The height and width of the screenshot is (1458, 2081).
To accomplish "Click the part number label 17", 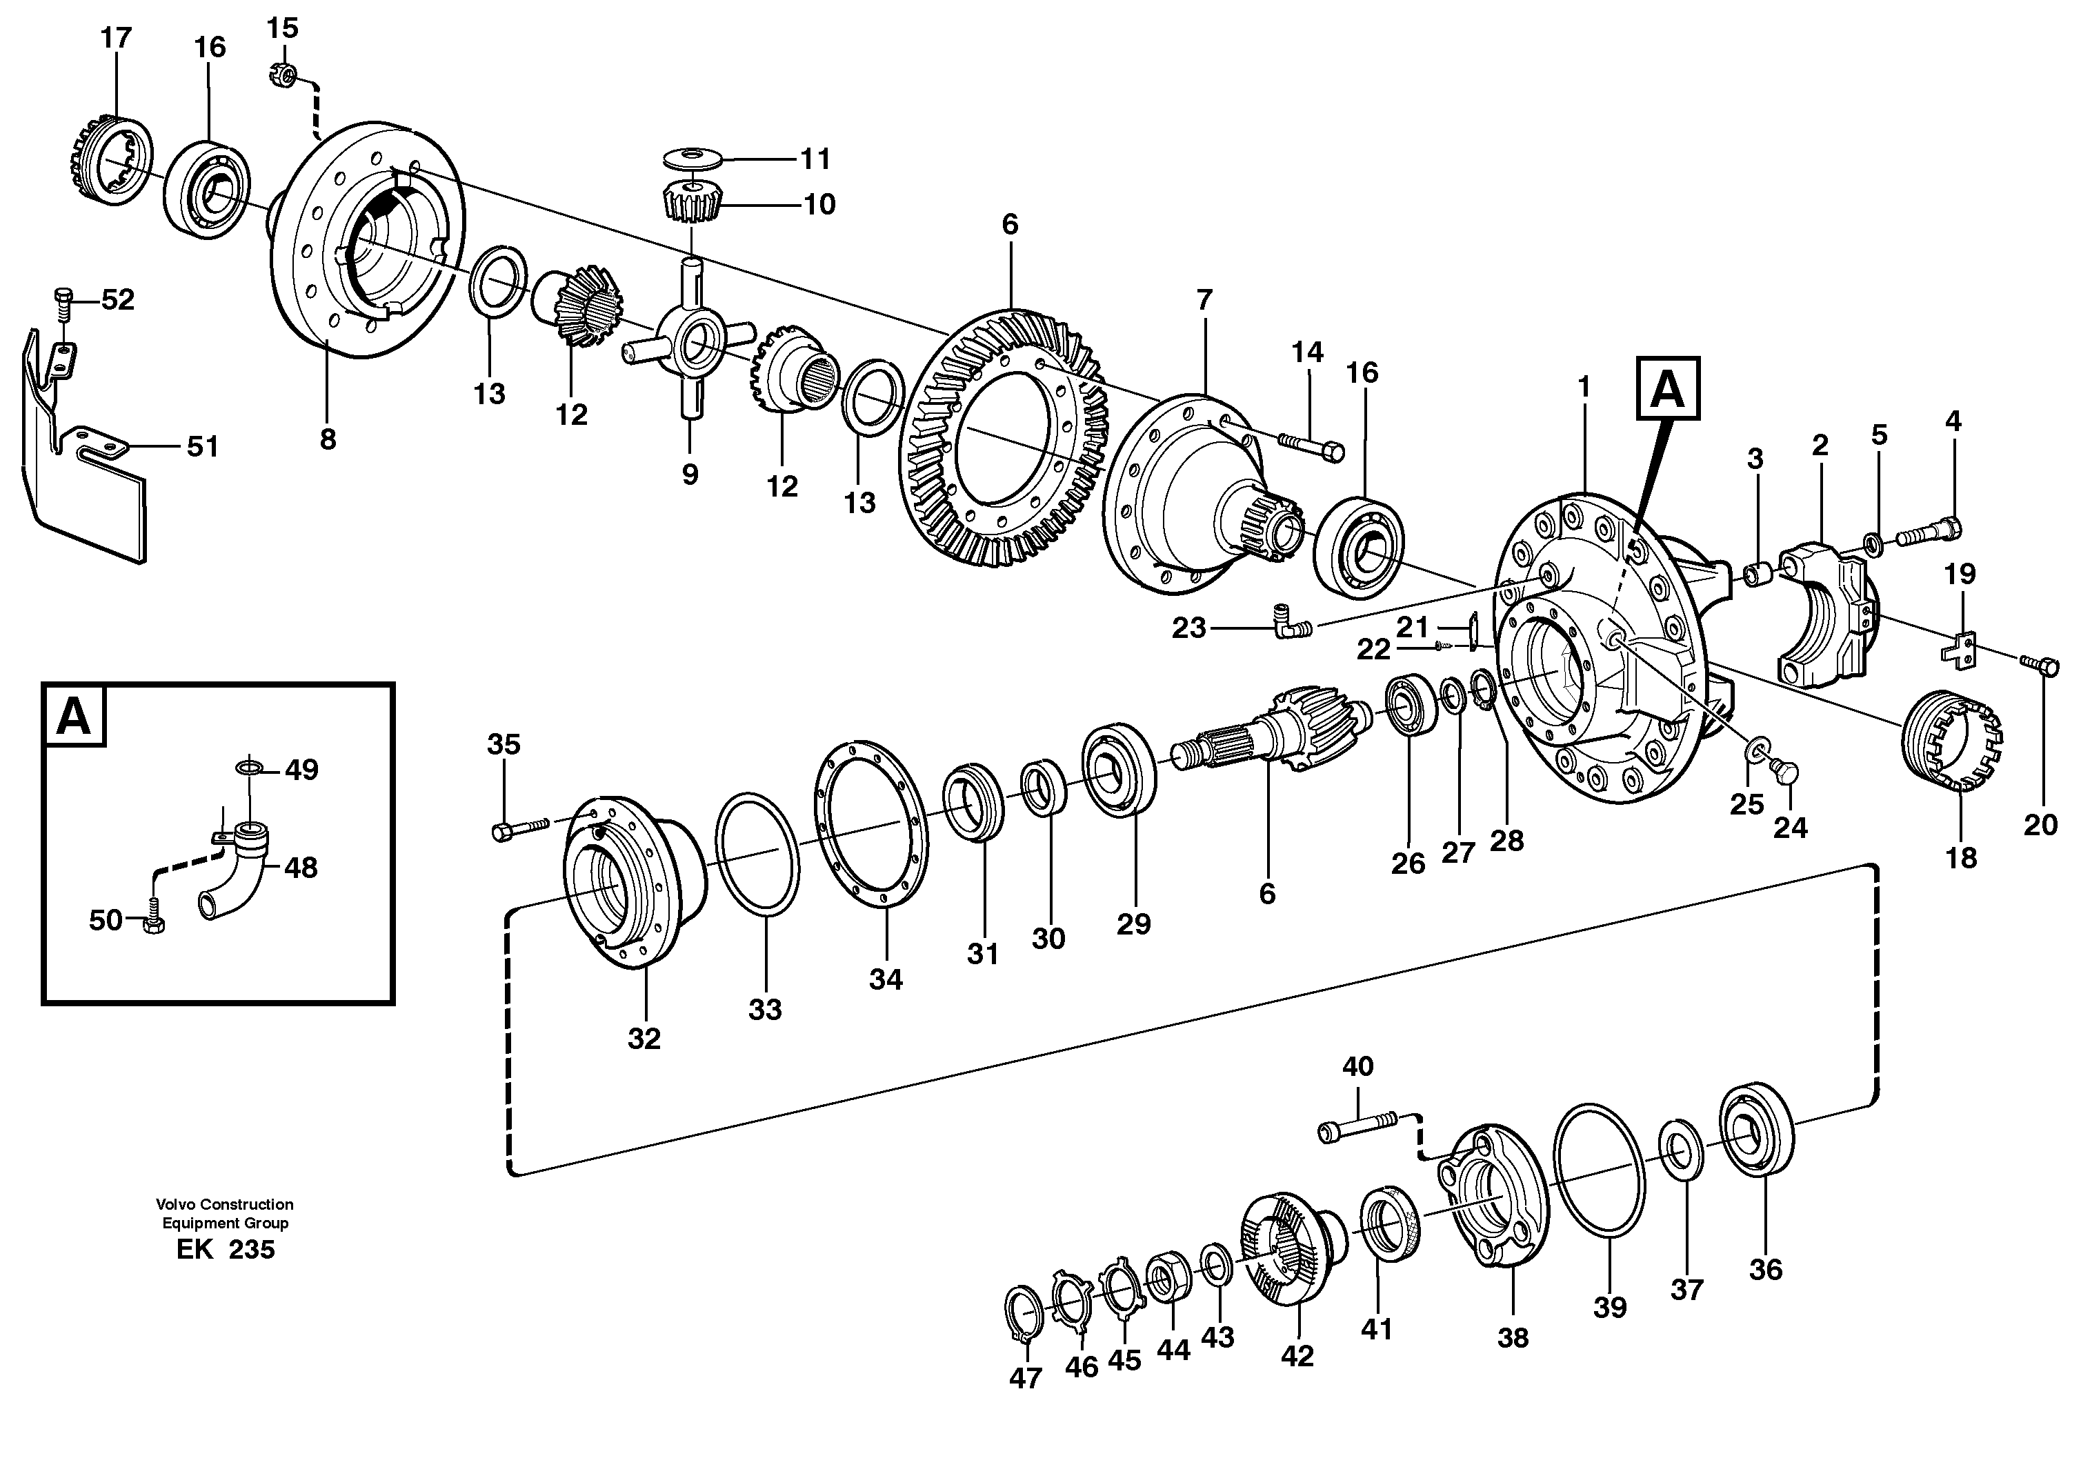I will point(116,38).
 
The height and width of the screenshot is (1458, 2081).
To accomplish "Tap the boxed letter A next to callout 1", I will point(1668,389).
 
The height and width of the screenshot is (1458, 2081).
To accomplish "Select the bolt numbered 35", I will point(519,828).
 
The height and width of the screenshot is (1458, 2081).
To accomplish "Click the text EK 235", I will point(225,1250).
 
